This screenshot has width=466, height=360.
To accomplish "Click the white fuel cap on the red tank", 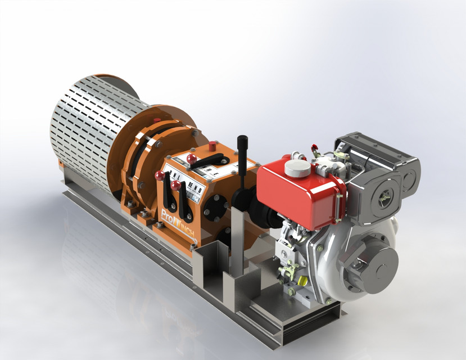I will [x=295, y=167].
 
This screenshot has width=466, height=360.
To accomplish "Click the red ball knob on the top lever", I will [x=191, y=157].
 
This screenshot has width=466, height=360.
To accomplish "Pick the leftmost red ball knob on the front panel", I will [x=159, y=176].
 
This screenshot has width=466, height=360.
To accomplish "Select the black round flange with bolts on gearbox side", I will [x=215, y=206].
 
